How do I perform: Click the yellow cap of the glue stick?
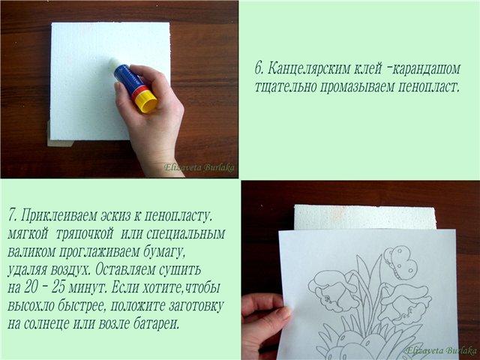(x=145, y=101)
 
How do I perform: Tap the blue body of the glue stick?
(x=127, y=78)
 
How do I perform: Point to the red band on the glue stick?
(x=139, y=91)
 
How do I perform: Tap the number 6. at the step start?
(x=259, y=69)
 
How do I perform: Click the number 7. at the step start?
(x=12, y=216)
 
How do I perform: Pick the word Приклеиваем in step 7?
(x=59, y=216)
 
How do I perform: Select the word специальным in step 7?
(x=185, y=235)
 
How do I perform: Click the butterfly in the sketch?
(x=400, y=262)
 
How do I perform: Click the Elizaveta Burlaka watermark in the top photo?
(x=199, y=167)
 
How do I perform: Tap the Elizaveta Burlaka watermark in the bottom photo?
(x=441, y=350)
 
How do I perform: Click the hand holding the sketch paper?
(x=264, y=325)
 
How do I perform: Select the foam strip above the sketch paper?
(x=365, y=217)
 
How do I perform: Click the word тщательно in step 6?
(x=286, y=88)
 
